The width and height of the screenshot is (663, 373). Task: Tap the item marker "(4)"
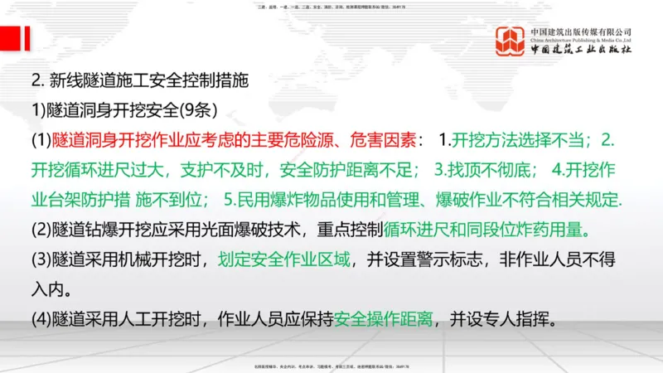coord(41,318)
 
